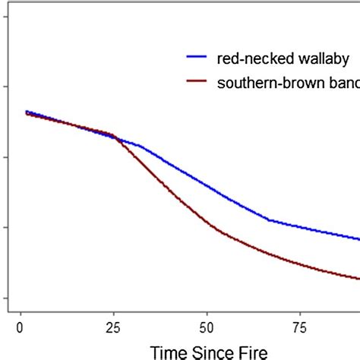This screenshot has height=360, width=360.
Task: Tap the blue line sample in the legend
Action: [199, 58]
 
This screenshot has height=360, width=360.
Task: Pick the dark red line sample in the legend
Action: [199, 84]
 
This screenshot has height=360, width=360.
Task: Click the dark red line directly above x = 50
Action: [207, 223]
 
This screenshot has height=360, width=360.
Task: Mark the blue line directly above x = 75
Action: [300, 226]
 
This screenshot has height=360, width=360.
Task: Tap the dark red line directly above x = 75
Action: [300, 262]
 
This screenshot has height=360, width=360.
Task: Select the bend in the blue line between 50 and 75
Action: [270, 219]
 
